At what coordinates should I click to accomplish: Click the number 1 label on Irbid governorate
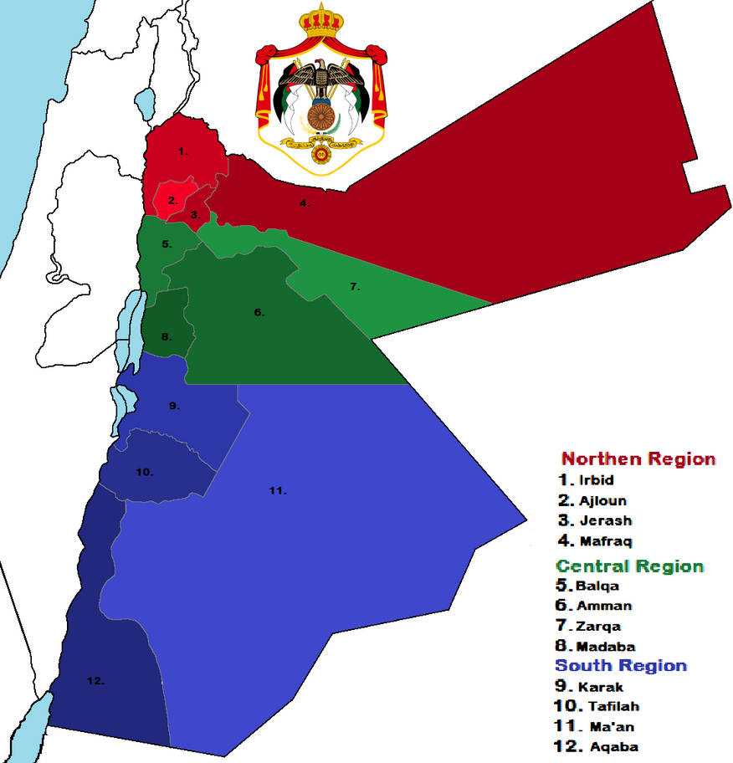(x=182, y=151)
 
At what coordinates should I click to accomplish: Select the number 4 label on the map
(x=305, y=203)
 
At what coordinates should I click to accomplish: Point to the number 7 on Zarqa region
(x=355, y=287)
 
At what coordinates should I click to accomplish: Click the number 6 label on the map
(x=259, y=313)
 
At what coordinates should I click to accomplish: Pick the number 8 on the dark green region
(x=167, y=337)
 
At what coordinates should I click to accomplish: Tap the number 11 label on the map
(x=278, y=490)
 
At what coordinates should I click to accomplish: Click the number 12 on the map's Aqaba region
(x=95, y=681)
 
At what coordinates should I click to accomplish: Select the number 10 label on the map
(x=145, y=472)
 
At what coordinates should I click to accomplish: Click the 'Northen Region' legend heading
(x=638, y=459)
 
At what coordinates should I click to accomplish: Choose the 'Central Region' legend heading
(x=630, y=566)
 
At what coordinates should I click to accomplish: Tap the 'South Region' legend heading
(x=621, y=666)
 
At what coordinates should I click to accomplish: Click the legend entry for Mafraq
(x=596, y=541)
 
